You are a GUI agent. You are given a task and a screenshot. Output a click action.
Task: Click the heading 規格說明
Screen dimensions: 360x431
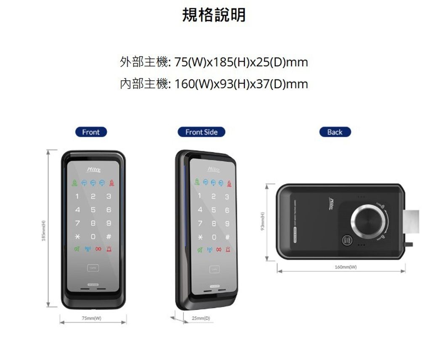(214, 16)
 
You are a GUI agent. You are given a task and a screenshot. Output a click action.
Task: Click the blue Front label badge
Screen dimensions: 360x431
(91, 132)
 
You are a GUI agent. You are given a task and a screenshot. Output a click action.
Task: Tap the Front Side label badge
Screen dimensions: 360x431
(201, 132)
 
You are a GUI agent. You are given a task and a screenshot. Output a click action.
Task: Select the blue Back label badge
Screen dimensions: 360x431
(335, 132)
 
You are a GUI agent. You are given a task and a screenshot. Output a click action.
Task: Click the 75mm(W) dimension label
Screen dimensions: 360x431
(91, 318)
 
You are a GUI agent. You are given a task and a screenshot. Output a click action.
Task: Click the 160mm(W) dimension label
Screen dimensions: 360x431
(345, 267)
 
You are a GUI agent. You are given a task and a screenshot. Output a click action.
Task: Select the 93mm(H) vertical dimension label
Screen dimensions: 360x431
(263, 222)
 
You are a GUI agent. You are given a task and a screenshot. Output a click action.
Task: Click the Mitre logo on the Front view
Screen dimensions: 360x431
(93, 169)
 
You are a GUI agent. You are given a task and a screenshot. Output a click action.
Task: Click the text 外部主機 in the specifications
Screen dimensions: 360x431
(144, 63)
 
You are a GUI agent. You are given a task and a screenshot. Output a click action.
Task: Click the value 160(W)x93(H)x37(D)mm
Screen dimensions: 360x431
(241, 84)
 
